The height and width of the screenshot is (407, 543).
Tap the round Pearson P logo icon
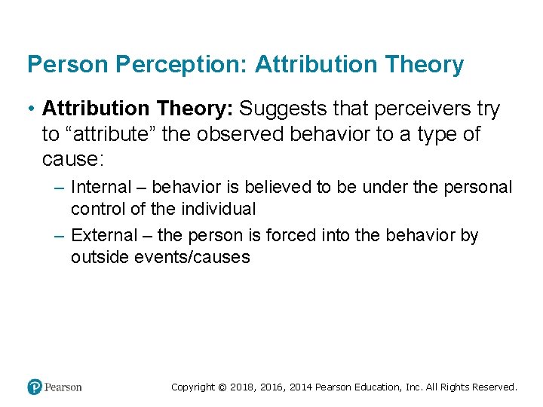tap(34, 387)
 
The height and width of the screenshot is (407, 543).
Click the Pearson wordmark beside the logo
tap(63, 387)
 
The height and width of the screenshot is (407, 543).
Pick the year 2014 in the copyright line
tap(299, 387)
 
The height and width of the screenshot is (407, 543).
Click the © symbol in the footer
tap(222, 387)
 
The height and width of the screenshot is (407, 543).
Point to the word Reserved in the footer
tap(495, 387)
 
